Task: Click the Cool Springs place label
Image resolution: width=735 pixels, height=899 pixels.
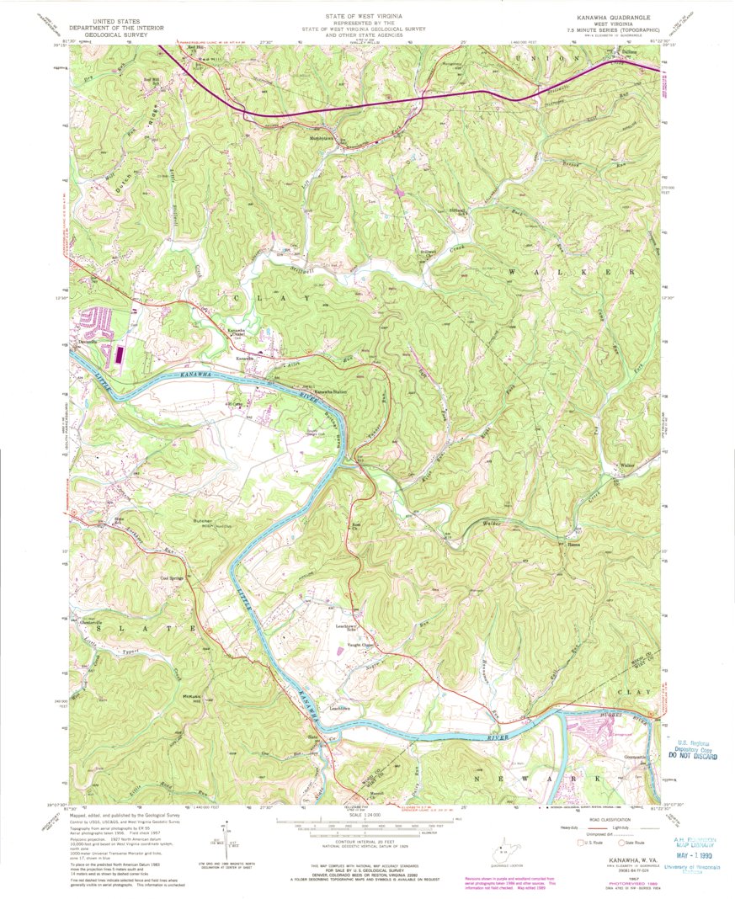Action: click(171, 578)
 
